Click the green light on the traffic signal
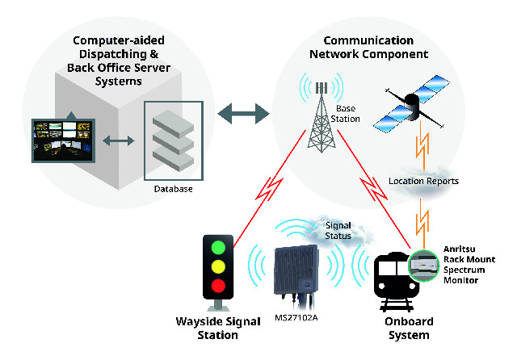coord(218,247)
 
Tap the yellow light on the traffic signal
coord(218,266)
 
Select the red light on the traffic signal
coord(218,285)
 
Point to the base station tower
coord(322,118)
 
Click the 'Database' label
coord(173,189)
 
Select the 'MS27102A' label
coord(296,318)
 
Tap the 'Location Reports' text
coord(423,181)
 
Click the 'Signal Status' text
coord(338,231)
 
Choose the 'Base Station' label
coord(345,114)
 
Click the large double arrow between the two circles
coord(243,114)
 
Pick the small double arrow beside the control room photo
coord(119,141)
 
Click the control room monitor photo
coord(63,140)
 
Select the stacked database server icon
coord(173,141)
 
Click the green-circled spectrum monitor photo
coord(424,266)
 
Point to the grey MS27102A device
coord(296,273)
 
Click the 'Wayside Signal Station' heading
coord(218,328)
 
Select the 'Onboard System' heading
coord(409,328)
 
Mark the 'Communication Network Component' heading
coord(368,47)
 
